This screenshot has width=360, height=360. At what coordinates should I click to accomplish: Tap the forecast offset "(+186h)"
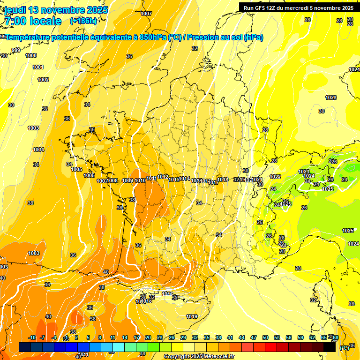coord(83,21)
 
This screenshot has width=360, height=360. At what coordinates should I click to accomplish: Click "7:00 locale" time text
coord(33,22)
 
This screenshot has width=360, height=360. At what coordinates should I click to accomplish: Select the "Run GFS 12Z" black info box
coord(298,8)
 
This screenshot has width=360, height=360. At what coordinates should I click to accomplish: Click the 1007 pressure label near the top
coord(146,14)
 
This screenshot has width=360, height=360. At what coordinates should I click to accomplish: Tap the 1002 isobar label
coord(43,80)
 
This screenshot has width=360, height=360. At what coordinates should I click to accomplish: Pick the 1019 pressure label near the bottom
coord(191,316)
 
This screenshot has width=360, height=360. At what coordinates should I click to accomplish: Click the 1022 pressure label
coord(275,177)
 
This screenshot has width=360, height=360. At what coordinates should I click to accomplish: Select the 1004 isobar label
coord(38,150)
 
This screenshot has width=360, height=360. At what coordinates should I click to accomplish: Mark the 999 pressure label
coord(15,50)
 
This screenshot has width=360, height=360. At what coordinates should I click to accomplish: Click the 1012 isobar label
coord(163,177)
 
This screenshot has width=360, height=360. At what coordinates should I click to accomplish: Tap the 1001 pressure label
coord(38,67)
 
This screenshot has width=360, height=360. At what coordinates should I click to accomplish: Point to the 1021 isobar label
coord(257,180)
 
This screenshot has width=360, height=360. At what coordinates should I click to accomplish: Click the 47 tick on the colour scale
coord(254,337)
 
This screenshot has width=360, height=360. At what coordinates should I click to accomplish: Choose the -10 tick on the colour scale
coord(32,337)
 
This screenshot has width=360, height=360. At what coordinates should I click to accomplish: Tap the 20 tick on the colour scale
coord(148,337)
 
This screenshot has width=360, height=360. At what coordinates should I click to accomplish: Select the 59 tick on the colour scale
coord(300,337)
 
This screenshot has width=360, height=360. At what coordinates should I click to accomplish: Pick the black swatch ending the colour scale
coord(330,347)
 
